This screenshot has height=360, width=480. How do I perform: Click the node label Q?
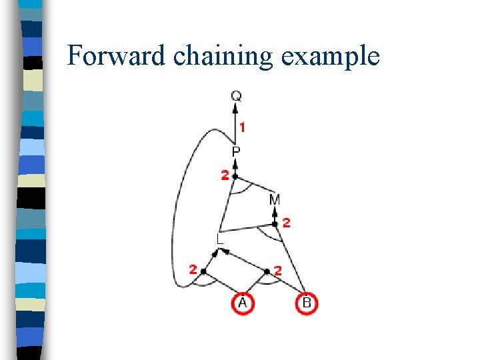237,96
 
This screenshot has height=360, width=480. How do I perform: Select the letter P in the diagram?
237,153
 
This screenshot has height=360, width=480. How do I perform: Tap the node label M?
275,199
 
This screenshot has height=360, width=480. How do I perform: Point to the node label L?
220,238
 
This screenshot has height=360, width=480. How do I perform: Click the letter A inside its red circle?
243,303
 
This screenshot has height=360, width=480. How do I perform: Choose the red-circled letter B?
307,303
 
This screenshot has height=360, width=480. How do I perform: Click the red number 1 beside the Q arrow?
243,127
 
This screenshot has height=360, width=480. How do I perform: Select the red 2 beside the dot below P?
225,175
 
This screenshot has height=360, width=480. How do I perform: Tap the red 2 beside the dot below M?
286,223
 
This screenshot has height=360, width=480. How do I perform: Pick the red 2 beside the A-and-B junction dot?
278,271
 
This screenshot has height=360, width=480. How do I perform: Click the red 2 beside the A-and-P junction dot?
193,270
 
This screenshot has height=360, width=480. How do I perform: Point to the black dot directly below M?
275,224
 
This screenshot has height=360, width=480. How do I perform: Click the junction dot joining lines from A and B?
267,271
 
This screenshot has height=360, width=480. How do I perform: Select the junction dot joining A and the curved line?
203,271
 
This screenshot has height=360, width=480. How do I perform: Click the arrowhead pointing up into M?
275,211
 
